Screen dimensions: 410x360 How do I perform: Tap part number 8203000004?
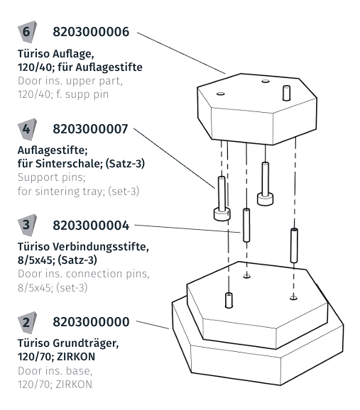pyautogui.click(x=92, y=226)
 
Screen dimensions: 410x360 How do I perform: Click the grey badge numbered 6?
pyautogui.click(x=25, y=33)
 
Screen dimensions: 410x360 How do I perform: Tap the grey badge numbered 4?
pyautogui.click(x=25, y=130)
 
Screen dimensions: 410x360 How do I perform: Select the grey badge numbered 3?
pyautogui.click(x=25, y=226)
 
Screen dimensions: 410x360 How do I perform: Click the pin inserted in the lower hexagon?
pyautogui.click(x=229, y=299)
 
